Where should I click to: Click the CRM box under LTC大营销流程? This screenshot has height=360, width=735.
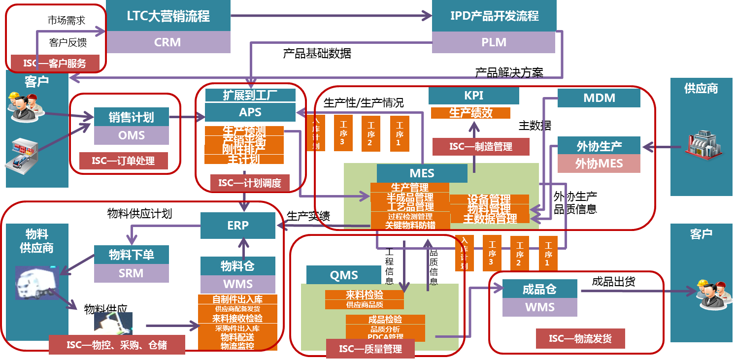point(168,42)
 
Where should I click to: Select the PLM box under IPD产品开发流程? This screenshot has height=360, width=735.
point(494,42)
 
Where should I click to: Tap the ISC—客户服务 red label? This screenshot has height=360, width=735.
point(55,63)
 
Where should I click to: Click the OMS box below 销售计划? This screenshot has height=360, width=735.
point(132,135)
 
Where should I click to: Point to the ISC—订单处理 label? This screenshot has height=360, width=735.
point(123,161)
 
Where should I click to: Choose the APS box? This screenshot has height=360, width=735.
point(250,112)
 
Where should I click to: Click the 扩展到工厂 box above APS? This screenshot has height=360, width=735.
point(250,95)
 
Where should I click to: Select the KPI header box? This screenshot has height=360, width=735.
point(473,96)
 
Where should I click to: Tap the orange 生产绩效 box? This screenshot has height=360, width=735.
point(470,113)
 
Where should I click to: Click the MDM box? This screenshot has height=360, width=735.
point(599,98)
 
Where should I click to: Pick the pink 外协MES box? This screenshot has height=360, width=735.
point(599,164)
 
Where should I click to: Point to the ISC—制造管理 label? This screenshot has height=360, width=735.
point(480,147)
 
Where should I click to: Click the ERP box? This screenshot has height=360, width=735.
point(238,226)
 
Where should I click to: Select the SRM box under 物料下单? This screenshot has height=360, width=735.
point(131,273)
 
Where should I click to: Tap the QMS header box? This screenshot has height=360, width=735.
point(344,275)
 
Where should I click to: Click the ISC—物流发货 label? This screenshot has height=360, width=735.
point(580,339)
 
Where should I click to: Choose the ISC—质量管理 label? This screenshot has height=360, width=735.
point(370,349)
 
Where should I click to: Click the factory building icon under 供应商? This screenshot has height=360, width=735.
point(702,144)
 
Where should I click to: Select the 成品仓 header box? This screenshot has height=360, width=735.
point(539,289)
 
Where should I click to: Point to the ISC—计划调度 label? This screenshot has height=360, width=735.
point(250,183)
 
